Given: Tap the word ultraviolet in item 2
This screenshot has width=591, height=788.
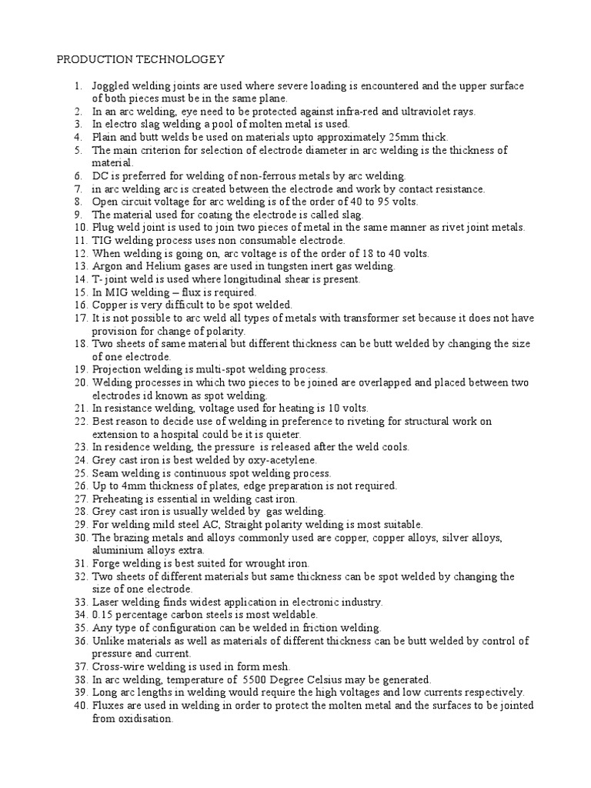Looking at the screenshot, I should click(414, 111).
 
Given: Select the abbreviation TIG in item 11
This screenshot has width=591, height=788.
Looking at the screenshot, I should click(103, 240).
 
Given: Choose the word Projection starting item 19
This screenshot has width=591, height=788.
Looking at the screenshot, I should click(117, 370).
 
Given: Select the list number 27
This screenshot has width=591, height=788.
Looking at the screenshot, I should click(81, 499).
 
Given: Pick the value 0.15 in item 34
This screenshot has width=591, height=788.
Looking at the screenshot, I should click(104, 616).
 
